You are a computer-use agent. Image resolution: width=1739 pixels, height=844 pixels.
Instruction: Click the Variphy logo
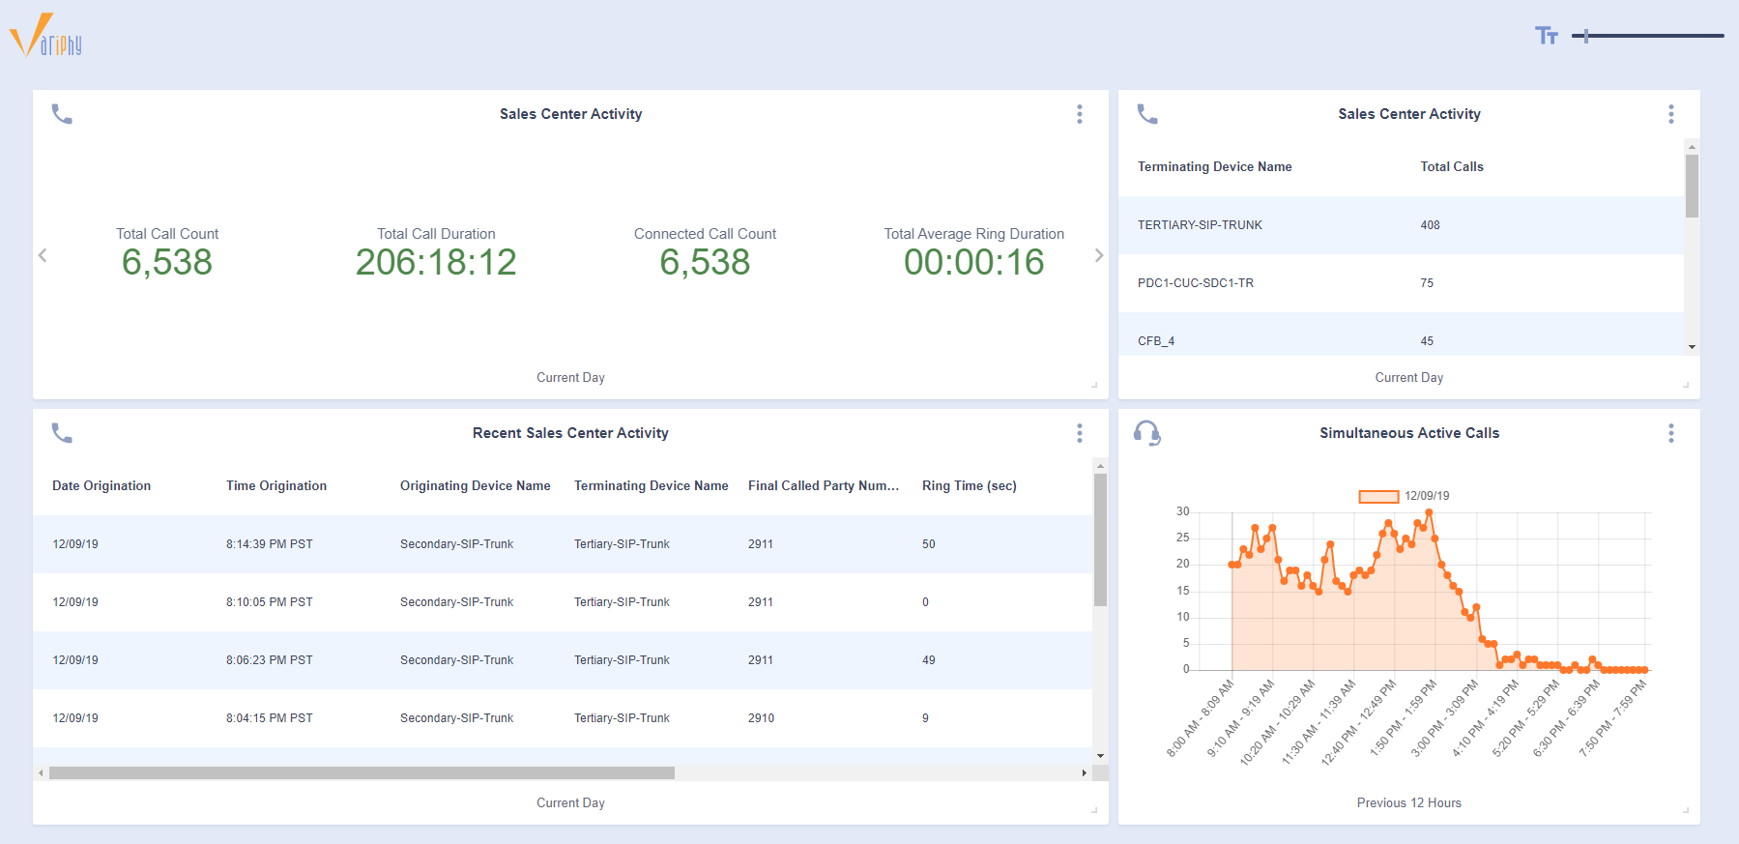tap(45, 37)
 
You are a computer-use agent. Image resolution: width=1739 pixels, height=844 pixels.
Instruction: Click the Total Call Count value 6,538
tap(167, 262)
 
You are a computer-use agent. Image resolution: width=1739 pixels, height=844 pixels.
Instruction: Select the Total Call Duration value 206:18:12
tap(436, 262)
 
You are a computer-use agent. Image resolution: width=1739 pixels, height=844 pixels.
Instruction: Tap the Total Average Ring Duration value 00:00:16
tap(973, 262)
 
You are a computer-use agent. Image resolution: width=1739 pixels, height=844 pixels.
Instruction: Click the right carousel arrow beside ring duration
tap(1098, 255)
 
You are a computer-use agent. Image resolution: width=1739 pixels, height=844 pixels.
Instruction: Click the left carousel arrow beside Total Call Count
tap(43, 255)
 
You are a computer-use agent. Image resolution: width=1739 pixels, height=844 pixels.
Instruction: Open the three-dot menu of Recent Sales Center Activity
tap(1080, 433)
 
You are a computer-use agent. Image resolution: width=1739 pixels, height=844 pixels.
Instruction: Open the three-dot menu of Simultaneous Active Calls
tap(1670, 433)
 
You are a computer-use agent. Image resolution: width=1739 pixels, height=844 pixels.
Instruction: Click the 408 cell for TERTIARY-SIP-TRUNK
tap(1430, 225)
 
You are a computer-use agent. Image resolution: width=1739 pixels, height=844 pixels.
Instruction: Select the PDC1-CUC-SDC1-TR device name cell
tap(1195, 283)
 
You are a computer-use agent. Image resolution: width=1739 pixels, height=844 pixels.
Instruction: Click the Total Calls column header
tap(1451, 167)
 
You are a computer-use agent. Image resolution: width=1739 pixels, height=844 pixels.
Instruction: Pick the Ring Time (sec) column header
tap(969, 486)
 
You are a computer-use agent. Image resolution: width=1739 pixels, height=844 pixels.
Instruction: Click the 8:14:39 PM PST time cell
tap(269, 544)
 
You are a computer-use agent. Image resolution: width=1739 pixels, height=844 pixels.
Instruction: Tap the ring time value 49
tap(928, 660)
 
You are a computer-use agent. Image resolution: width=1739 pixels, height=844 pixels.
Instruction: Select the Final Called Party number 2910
tap(761, 718)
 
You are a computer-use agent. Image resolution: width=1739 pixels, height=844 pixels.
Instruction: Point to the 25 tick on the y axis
tap(1182, 538)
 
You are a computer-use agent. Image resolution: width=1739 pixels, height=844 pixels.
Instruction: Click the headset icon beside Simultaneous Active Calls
tap(1147, 433)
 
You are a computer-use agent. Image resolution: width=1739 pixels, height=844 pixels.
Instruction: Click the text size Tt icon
tap(1546, 36)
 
